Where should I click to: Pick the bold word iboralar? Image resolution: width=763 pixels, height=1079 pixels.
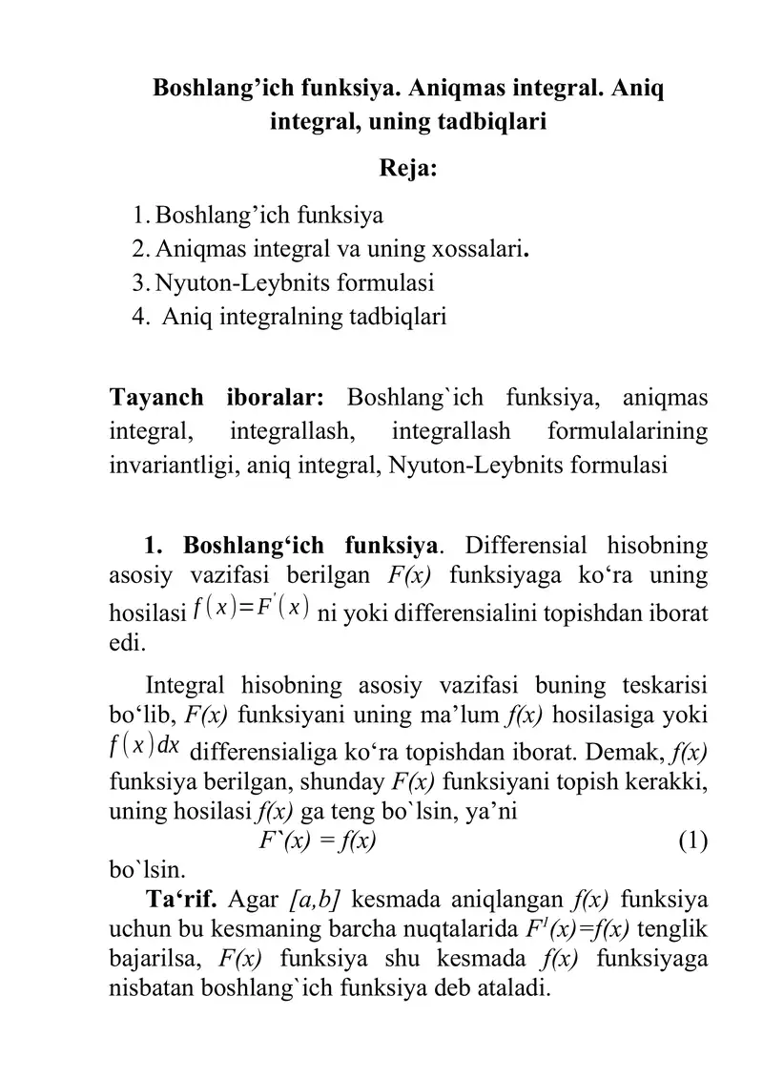click(278, 396)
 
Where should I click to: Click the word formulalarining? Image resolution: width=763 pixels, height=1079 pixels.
click(628, 431)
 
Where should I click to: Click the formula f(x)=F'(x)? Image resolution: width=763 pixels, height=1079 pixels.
click(251, 607)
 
